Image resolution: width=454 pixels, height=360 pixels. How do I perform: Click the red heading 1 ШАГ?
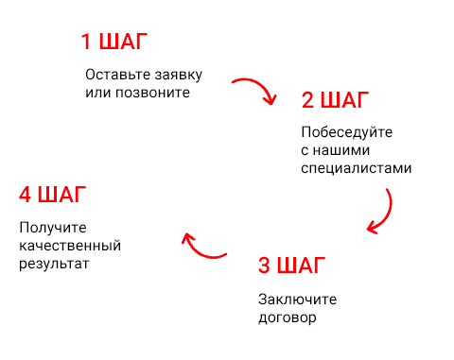pos(114,43)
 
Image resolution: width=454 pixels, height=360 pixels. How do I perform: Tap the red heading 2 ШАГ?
pos(336,100)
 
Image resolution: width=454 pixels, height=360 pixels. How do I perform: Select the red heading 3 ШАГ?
pos(292,265)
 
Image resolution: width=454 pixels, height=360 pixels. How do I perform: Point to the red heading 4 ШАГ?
pos(53,196)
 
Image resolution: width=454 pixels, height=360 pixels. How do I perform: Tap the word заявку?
pos(174,75)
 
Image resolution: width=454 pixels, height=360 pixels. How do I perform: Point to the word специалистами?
pos(357,169)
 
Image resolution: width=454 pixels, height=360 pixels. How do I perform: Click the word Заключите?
pos(297,299)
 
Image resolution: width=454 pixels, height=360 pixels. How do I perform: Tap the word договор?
pos(287,317)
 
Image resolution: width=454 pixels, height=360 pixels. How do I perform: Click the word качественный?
pos(70,247)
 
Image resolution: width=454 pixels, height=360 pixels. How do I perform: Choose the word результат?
pos(54,265)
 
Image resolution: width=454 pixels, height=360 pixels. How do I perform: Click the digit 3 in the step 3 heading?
pos(265,265)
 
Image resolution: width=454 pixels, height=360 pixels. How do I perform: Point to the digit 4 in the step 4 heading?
pos(26,196)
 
